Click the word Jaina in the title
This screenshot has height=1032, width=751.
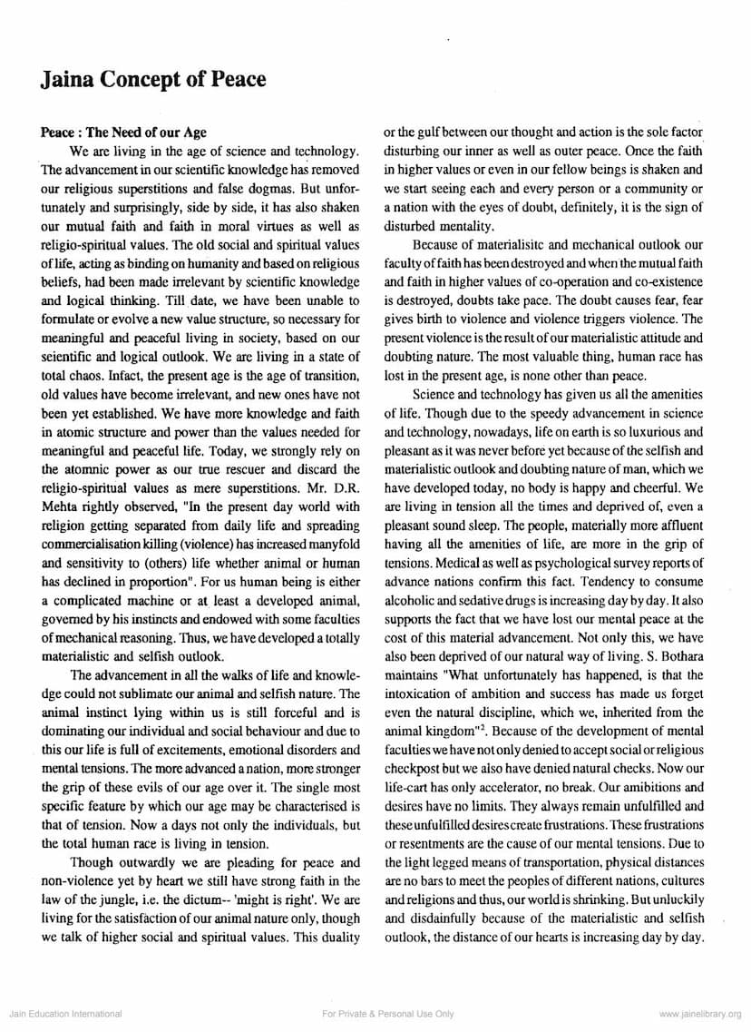(70, 80)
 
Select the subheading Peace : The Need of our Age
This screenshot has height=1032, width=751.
(124, 132)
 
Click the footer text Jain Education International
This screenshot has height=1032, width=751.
(64, 1014)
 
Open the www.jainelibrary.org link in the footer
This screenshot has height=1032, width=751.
(699, 1014)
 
